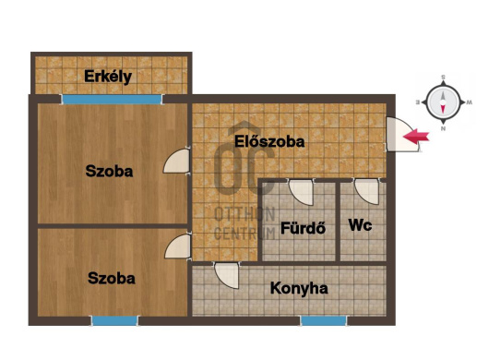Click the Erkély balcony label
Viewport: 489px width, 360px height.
[x=108, y=77]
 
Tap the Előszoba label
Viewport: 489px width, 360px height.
[x=269, y=141]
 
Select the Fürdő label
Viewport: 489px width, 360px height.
[x=304, y=228]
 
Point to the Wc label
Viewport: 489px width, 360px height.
[x=360, y=225]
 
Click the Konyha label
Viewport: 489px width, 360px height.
[x=299, y=288]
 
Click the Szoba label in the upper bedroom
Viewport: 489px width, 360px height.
[x=109, y=172]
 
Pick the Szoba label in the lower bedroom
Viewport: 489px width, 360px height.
[x=112, y=278]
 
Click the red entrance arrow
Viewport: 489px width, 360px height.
[x=416, y=137]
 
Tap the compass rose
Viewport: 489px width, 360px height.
[x=443, y=102]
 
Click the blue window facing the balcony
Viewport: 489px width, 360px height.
[x=113, y=100]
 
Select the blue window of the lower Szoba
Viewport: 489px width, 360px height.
[x=114, y=321]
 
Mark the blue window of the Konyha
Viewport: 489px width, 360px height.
[x=324, y=321]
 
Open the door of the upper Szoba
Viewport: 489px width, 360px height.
[x=177, y=161]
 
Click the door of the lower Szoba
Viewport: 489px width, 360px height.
[x=178, y=246]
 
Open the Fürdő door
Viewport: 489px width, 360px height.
[x=301, y=192]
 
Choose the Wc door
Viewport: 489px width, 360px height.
[x=367, y=192]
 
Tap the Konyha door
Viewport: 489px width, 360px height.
[x=227, y=275]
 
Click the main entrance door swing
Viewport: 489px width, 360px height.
[x=401, y=134]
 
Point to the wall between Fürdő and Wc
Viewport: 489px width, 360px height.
[x=338, y=221]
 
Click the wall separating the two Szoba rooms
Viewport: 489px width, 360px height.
[x=113, y=226]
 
